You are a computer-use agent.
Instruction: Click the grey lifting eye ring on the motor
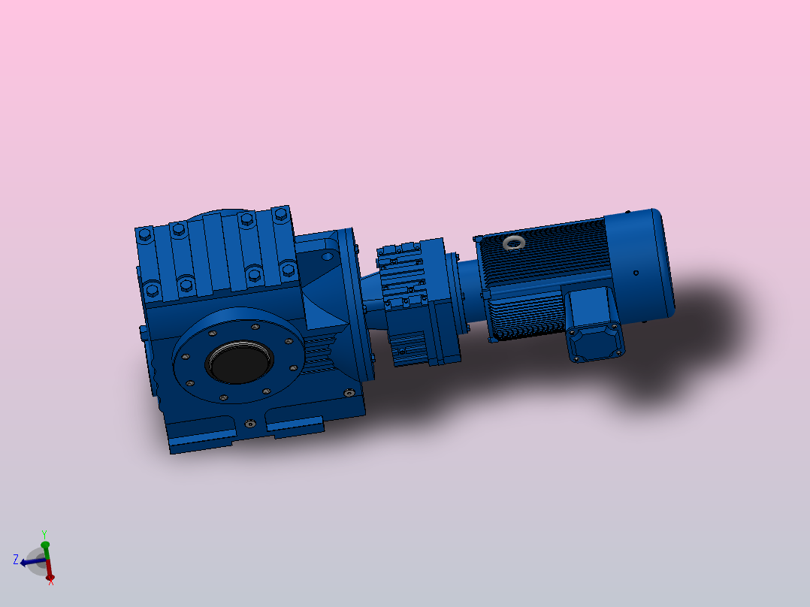pyautogui.click(x=514, y=242)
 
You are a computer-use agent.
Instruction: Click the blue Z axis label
pyautogui.click(x=15, y=559)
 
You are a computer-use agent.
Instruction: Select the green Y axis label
pyautogui.click(x=45, y=533)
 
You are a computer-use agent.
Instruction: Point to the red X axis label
pyautogui.click(x=51, y=581)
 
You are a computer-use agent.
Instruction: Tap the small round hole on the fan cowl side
pyautogui.click(x=636, y=273)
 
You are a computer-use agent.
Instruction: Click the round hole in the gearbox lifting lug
pyautogui.click(x=327, y=255)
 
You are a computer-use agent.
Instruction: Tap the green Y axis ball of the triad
pyautogui.click(x=45, y=544)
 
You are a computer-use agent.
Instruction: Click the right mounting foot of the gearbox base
pyautogui.click(x=295, y=427)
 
